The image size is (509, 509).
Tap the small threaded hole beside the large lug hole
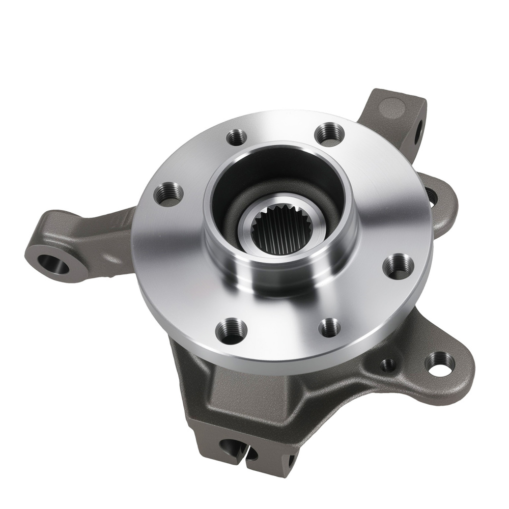click(x=388, y=364)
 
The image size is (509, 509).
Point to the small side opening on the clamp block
click(x=290, y=461)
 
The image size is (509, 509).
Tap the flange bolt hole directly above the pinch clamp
click(x=231, y=331)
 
